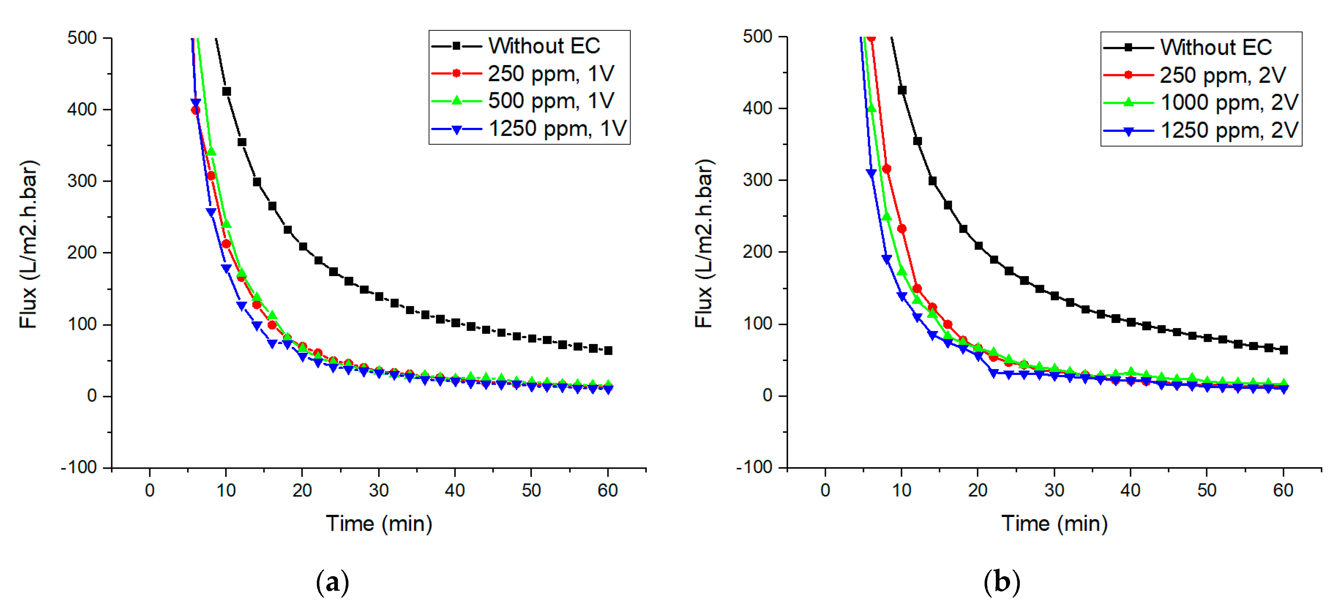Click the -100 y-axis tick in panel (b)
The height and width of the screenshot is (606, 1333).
(754, 467)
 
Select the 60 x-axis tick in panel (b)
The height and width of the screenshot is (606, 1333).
(1283, 490)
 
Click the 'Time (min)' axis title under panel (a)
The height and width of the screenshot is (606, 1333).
(379, 524)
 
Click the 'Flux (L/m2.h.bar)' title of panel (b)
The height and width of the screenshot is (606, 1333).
(704, 243)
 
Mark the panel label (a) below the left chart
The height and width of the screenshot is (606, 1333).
(332, 582)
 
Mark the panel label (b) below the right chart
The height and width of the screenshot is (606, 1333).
(1002, 582)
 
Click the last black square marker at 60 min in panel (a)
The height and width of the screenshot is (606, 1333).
(609, 350)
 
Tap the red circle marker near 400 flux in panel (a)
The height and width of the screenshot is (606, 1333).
(195, 110)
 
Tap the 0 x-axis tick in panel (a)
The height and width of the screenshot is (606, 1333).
(150, 490)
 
